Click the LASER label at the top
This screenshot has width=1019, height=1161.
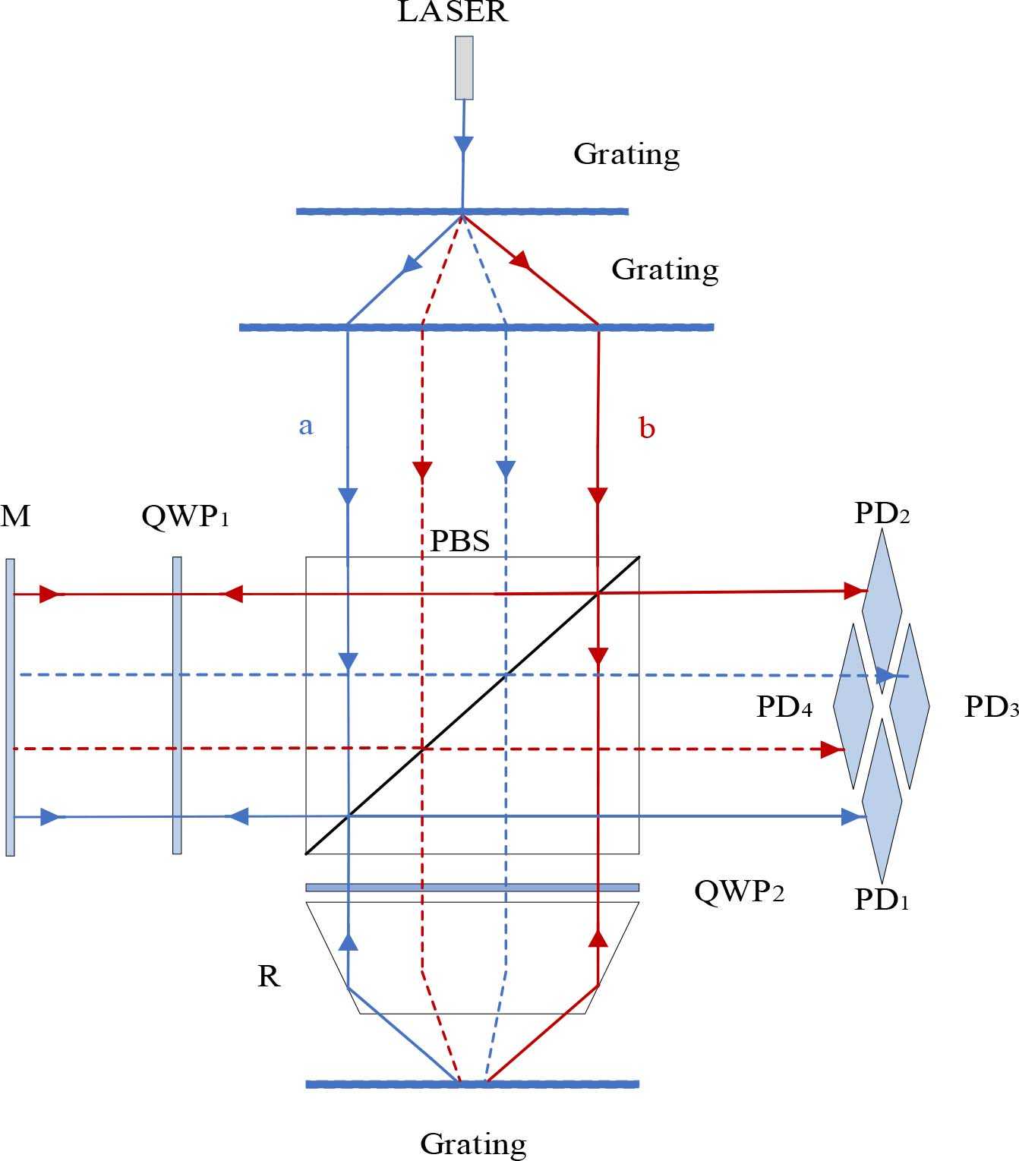[x=453, y=11]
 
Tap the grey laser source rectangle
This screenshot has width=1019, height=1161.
[x=464, y=68]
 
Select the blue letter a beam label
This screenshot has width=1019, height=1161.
[x=305, y=426]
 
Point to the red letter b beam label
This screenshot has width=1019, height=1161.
[x=647, y=428]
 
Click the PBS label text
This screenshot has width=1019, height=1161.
[x=459, y=541]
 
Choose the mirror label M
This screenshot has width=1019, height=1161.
[x=16, y=516]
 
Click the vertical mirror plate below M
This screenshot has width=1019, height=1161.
[x=10, y=706]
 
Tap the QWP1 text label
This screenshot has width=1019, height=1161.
[x=185, y=517]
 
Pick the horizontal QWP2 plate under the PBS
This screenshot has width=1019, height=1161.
[x=472, y=887]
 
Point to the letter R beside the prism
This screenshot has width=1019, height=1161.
[x=269, y=976]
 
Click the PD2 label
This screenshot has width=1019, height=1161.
[x=882, y=514]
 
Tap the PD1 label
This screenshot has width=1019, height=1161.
[x=881, y=900]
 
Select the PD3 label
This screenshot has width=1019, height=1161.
[x=991, y=707]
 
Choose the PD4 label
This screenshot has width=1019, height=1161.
[x=784, y=707]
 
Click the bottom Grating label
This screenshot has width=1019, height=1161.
[x=472, y=1143]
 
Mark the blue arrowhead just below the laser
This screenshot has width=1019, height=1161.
[x=463, y=145]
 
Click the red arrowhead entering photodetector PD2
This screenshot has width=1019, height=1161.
[x=855, y=590]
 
